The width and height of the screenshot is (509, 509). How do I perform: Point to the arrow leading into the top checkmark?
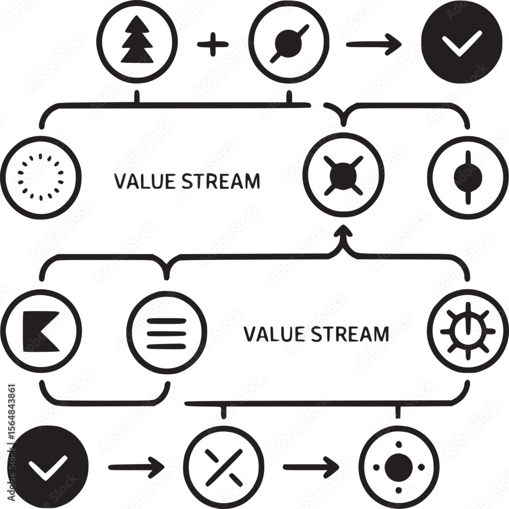coord(373,44)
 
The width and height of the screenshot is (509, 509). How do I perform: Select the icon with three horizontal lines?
coord(166,333)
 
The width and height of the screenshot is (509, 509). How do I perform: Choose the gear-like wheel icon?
coord(468,331)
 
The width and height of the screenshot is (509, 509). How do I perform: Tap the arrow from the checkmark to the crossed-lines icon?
coord(136,466)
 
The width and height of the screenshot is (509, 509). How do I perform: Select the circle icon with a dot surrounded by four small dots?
coord(399,466)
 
